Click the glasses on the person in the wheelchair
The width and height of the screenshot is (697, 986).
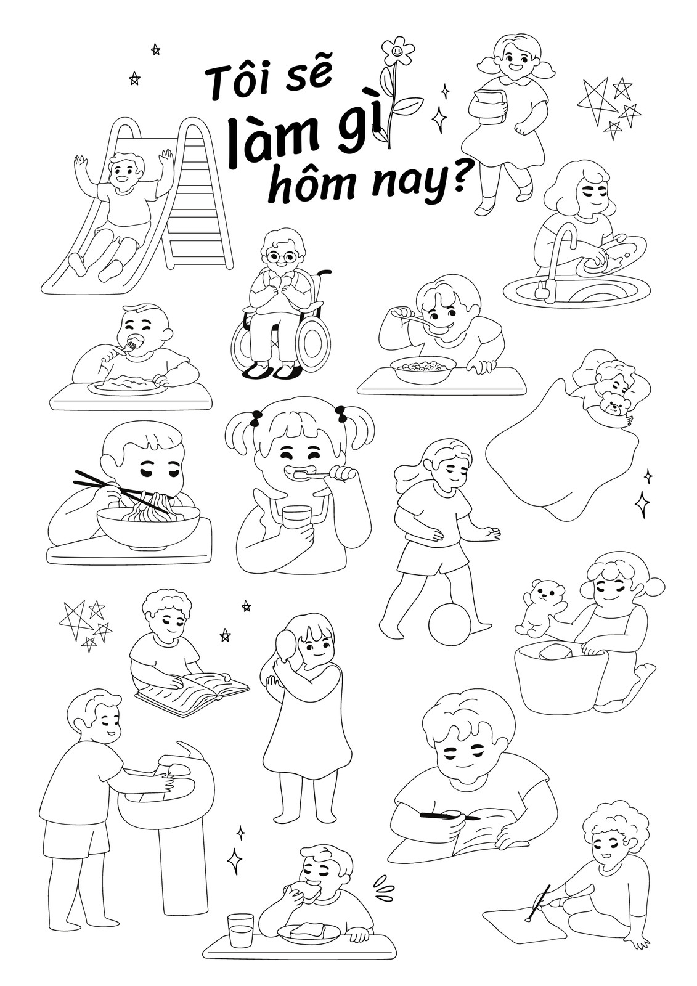point(279,257)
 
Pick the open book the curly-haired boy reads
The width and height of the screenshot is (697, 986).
point(194,688)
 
